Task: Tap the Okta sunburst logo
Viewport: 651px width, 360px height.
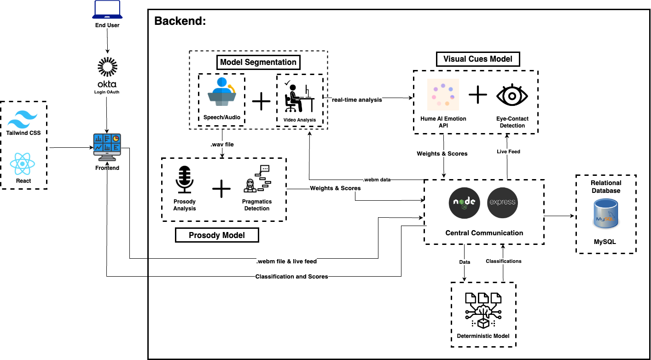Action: point(107,67)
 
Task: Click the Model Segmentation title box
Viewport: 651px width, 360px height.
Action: point(258,62)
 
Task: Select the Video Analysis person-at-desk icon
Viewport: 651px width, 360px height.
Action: point(299,97)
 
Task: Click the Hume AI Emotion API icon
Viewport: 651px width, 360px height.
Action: point(442,95)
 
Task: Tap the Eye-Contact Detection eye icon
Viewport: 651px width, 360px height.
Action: point(512,95)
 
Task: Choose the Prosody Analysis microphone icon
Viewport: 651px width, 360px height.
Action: point(185,180)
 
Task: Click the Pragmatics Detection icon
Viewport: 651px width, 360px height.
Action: point(256,180)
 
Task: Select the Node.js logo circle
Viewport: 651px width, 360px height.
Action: point(465,203)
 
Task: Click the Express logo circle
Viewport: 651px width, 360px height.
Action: point(502,203)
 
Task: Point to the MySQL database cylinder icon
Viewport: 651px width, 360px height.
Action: point(605,213)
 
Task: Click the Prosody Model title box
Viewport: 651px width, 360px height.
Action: point(217,235)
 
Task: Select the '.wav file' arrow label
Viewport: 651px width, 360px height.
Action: point(222,145)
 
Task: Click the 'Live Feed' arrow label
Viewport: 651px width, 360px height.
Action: point(508,151)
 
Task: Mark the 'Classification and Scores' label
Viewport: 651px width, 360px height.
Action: point(291,277)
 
